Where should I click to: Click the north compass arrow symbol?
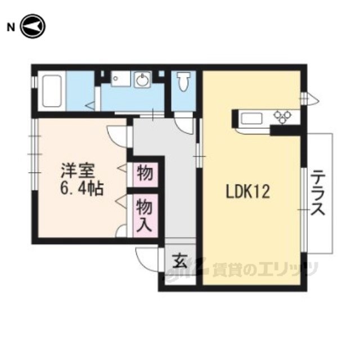[x=33, y=26]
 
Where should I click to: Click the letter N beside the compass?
[x=11, y=28]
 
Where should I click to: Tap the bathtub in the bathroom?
[x=52, y=91]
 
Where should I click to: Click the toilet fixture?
[x=183, y=82]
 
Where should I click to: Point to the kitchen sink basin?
[x=251, y=119]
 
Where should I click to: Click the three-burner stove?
[x=282, y=116]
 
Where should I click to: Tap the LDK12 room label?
[x=247, y=192]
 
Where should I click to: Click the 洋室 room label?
[x=78, y=171]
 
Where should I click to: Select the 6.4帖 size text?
[x=82, y=189]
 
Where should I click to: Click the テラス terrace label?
[x=318, y=193]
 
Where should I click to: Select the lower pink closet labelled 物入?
[x=146, y=215]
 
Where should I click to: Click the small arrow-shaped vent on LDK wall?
[x=310, y=98]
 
